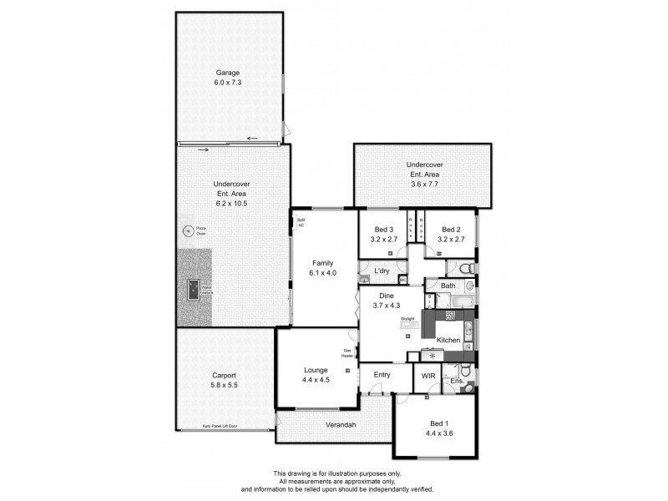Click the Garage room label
[227, 73]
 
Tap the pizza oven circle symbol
[187, 230]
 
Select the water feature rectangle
[193, 289]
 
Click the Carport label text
[223, 376]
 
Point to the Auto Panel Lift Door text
[220, 426]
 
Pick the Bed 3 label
[383, 230]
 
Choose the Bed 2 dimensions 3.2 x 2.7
[451, 240]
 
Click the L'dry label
[382, 271]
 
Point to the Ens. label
[457, 381]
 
